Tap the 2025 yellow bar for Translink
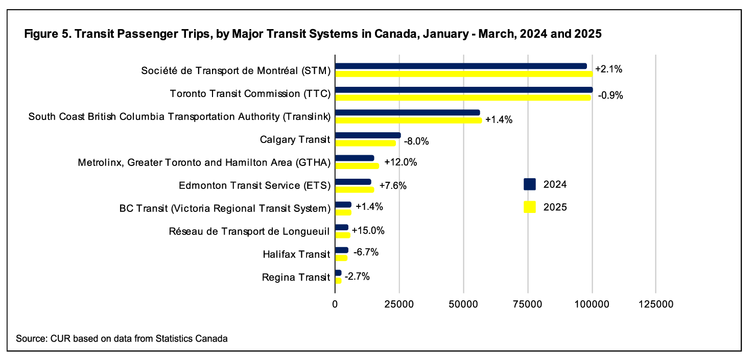[408, 121]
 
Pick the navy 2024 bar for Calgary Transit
[368, 135]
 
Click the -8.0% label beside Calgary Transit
[416, 141]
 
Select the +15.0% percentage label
[368, 230]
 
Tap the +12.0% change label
[400, 162]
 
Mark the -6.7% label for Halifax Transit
[366, 252]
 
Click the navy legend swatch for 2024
[529, 184]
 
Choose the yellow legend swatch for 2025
[529, 207]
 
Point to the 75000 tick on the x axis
[528, 304]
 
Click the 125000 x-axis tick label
[656, 304]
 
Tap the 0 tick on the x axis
[335, 304]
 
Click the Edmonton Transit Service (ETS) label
[255, 185]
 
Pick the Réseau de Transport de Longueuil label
[250, 231]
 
